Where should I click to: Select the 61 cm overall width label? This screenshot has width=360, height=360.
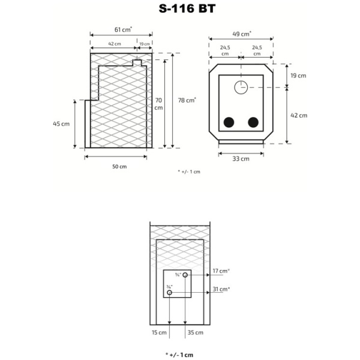click(123, 29)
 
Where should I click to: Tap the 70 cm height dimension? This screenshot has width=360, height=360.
click(158, 104)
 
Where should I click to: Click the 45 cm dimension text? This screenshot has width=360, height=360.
click(61, 124)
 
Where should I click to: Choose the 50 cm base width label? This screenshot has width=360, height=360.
click(119, 166)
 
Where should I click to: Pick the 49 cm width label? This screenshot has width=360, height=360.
click(242, 34)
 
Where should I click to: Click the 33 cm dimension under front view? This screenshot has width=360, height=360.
click(241, 158)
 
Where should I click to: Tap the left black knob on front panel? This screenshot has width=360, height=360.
click(229, 123)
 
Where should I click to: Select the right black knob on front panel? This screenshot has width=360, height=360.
click(253, 123)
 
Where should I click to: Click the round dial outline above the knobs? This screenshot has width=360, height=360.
click(241, 87)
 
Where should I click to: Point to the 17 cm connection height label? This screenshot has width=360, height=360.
click(221, 271)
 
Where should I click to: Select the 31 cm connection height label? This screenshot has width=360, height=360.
click(221, 289)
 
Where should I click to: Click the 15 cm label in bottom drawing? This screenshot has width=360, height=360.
click(158, 332)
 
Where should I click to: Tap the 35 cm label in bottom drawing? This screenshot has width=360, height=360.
click(195, 332)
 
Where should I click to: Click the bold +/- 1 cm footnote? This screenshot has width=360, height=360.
click(179, 355)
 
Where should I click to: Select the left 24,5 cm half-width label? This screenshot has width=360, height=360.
click(225, 50)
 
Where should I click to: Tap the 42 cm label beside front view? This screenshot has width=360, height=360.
click(298, 115)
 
